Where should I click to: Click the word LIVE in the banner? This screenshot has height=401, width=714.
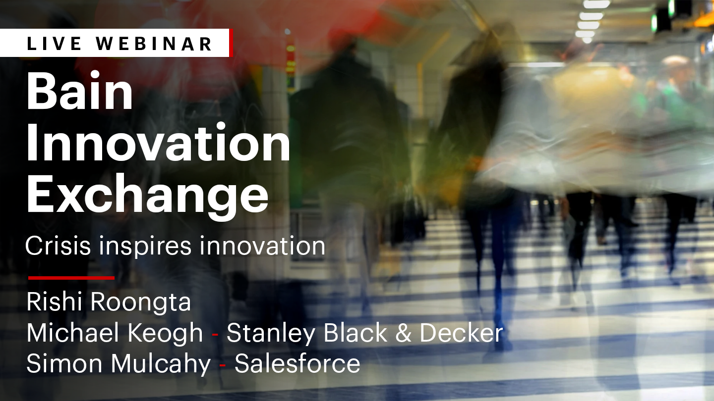click(55, 44)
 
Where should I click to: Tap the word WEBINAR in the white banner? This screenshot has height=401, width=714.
click(154, 44)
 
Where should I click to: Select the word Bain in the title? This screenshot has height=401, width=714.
click(79, 91)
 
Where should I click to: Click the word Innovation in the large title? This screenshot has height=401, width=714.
click(159, 142)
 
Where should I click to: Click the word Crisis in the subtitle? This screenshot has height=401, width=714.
click(58, 246)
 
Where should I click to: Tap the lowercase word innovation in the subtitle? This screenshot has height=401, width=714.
click(262, 246)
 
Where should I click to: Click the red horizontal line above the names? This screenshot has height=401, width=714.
click(71, 278)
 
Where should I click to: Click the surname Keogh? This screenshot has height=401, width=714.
click(165, 333)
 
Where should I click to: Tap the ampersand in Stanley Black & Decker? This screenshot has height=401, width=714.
click(403, 333)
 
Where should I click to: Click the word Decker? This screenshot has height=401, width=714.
click(461, 333)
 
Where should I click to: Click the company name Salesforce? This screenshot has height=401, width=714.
click(297, 363)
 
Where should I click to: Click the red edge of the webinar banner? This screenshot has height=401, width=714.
click(231, 43)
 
